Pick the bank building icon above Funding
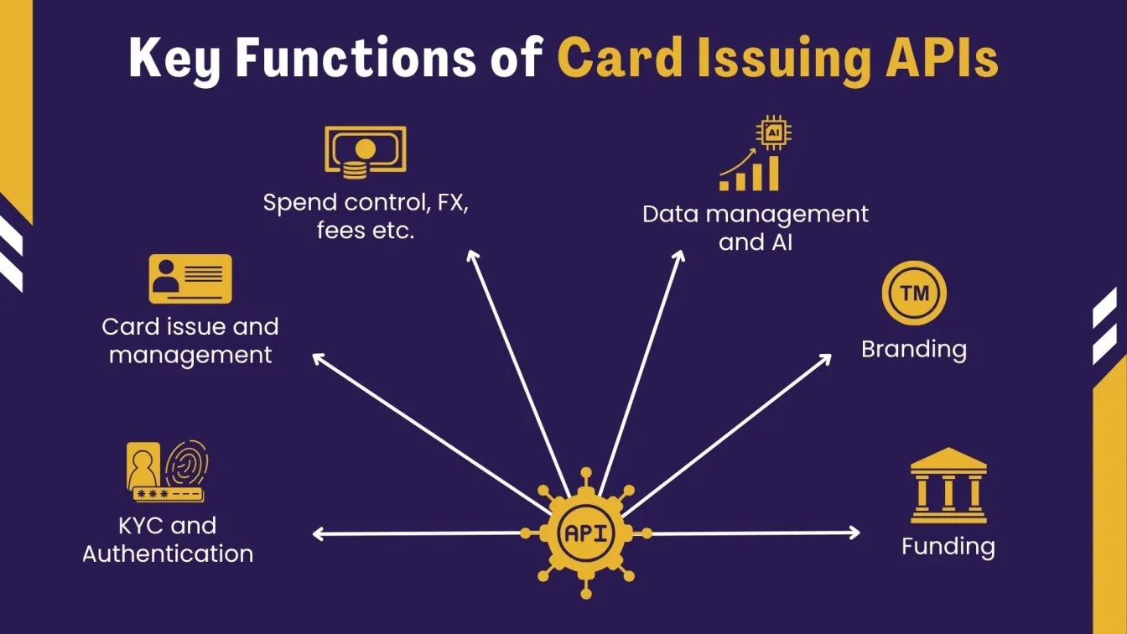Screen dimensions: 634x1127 (x=948, y=486)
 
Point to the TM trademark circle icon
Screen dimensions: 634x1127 (x=914, y=294)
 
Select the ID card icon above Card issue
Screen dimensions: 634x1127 (x=190, y=278)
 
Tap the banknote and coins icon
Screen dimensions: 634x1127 (x=365, y=151)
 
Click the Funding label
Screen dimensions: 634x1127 (x=948, y=547)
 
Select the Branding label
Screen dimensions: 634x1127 (x=914, y=349)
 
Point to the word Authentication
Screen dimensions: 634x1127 (x=168, y=553)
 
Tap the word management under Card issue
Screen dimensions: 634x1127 (x=190, y=355)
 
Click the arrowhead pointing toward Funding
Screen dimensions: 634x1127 (x=854, y=532)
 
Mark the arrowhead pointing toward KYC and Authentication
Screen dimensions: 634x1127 (x=318, y=533)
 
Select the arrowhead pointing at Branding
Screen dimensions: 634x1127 (x=825, y=358)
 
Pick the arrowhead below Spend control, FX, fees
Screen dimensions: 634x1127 (x=473, y=256)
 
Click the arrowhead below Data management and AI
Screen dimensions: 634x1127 (x=680, y=256)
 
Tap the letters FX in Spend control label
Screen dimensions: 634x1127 (x=449, y=204)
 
